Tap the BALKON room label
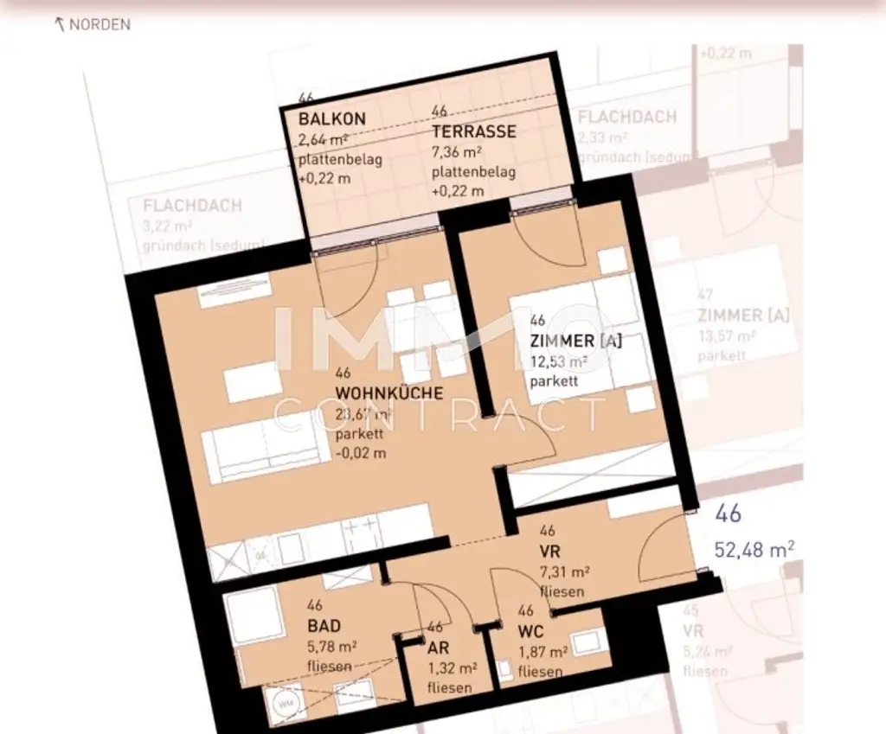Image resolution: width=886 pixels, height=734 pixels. click(332, 119)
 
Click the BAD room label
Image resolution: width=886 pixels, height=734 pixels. click(324, 626)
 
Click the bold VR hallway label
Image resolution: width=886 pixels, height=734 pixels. click(549, 551)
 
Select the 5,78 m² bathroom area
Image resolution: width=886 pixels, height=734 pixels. click(333, 646)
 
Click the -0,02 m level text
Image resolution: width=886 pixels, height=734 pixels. click(361, 453)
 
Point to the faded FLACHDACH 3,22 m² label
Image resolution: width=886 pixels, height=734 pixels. click(192, 216)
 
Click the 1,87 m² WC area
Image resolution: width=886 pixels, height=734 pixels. click(543, 653)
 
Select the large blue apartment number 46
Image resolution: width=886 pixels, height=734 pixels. click(729, 514)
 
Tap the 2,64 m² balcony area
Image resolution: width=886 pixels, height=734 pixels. click(323, 139)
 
